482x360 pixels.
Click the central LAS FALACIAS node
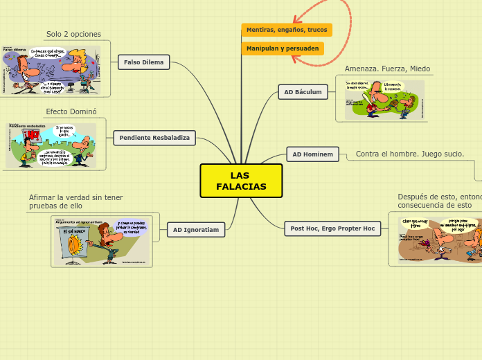241,181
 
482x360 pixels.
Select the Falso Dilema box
143,62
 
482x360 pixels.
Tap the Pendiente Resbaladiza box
154,138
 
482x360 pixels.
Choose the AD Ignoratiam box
196,230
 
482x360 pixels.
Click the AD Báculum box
303,91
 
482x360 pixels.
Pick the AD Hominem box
312,154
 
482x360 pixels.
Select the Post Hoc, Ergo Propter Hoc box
332,228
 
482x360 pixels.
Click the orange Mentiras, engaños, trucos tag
287,30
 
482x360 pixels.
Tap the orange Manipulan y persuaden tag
283,48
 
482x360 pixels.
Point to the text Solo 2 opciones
73,34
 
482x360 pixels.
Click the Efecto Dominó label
71,111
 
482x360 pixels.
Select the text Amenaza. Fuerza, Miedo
387,69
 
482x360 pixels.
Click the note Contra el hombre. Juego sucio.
410,154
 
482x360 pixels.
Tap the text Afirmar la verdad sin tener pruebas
75,201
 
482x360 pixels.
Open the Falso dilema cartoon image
51,70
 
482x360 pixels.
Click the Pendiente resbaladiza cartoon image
51,145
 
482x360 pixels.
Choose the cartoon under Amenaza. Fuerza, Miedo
384,100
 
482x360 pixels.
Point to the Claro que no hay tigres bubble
416,224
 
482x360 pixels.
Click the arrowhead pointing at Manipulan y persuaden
295,57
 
